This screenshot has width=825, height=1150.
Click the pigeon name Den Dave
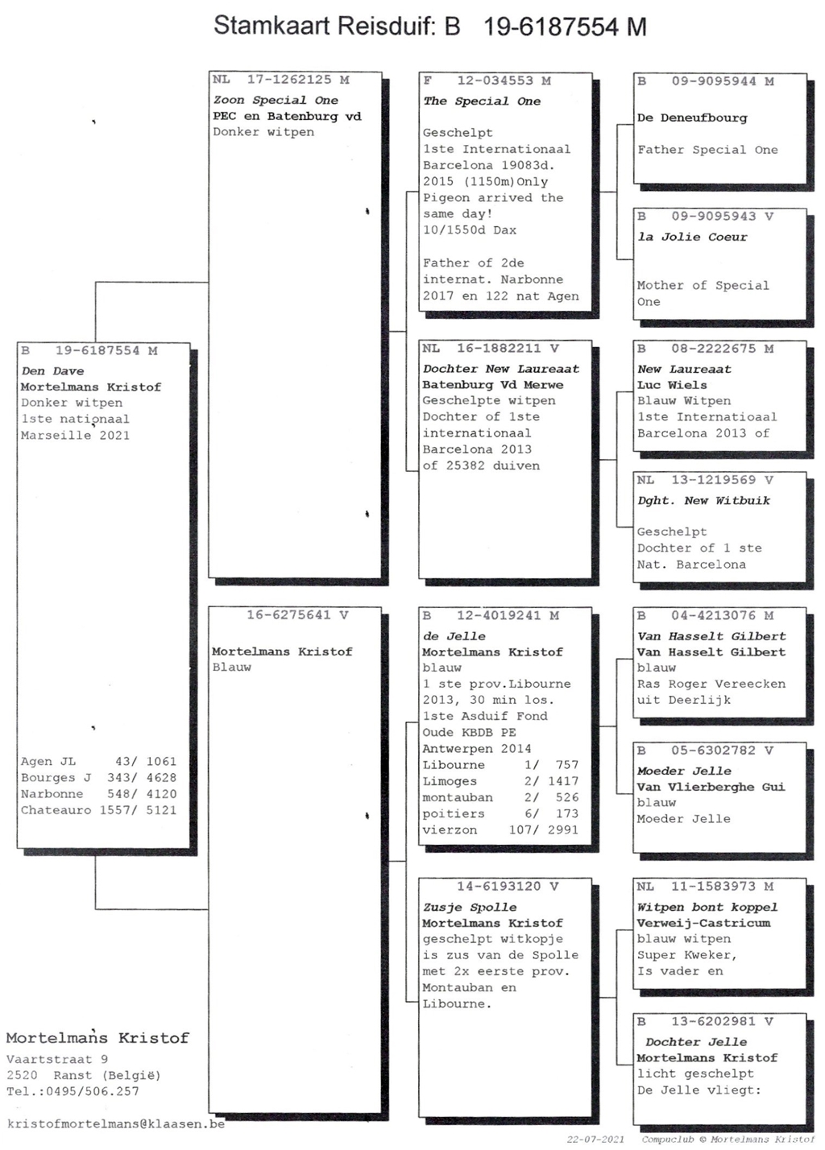coord(52,371)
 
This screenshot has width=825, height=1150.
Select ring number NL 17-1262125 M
coord(281,80)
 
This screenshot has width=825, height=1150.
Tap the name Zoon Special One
coord(276,100)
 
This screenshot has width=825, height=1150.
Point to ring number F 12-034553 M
coord(487,81)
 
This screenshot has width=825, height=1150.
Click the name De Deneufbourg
coord(692,118)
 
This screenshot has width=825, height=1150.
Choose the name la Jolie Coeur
coord(692,238)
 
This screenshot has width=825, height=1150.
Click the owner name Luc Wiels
coord(672,385)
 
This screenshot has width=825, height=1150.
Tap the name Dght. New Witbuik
coord(703,501)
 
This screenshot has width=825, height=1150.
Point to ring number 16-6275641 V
coord(297,615)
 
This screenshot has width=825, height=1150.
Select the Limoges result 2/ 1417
coord(551,781)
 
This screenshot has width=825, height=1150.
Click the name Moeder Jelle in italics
coord(684,771)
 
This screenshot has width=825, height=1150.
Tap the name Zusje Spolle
coord(470,907)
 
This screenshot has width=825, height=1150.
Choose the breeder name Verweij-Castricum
coord(703,923)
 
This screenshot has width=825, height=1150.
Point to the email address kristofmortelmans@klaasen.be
coord(116,1123)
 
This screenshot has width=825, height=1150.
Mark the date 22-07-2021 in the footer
coord(595,1140)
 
